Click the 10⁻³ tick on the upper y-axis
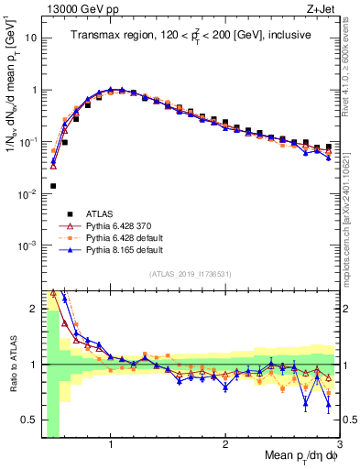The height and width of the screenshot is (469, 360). [x=28, y=245]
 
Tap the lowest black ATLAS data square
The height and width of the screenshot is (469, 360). [x=53, y=186]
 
